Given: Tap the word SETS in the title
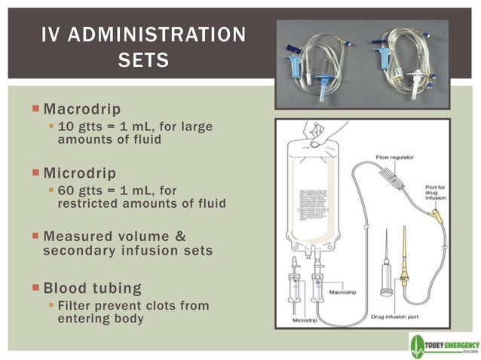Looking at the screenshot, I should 142,59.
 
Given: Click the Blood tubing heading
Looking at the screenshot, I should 93,288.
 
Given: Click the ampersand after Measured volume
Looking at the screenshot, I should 179,236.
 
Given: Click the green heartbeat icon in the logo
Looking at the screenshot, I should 420,346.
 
